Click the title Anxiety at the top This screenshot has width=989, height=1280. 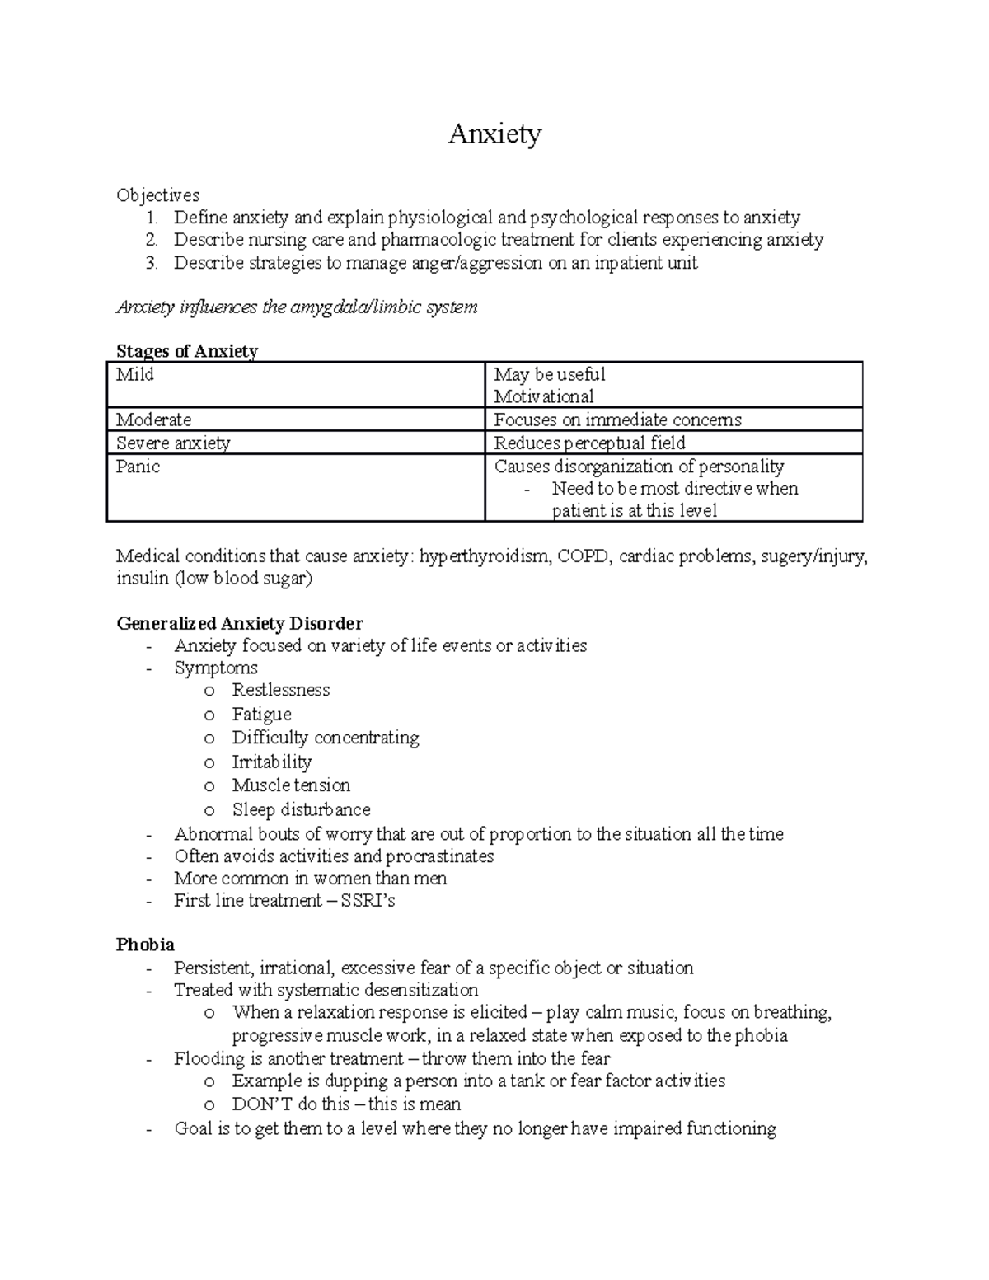tap(494, 134)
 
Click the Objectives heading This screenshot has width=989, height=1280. tap(157, 195)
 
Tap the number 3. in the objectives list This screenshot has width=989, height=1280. tap(151, 263)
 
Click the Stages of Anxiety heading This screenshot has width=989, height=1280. tap(187, 351)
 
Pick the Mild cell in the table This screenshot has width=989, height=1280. tap(135, 375)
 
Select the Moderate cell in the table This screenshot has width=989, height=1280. tap(154, 420)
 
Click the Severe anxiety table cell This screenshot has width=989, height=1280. tap(173, 443)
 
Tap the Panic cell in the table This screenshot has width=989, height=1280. tap(138, 467)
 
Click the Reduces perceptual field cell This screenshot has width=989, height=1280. tap(589, 443)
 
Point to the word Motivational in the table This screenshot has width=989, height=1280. tap(543, 396)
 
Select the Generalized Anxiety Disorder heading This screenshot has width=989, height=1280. tap(239, 623)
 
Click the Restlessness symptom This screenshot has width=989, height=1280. tap(280, 690)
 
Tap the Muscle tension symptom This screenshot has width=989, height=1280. tap(291, 785)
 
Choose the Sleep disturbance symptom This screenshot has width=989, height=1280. tap(301, 809)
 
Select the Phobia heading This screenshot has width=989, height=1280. tap(145, 945)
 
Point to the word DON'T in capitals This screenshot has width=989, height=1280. tap(258, 1104)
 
